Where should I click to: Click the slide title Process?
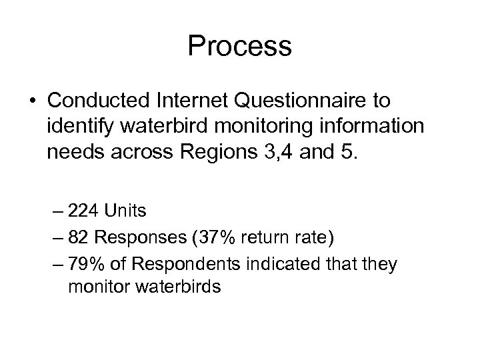pyautogui.click(x=239, y=47)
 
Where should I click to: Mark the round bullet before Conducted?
pyautogui.click(x=32, y=101)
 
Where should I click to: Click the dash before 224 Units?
pyautogui.click(x=73, y=212)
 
